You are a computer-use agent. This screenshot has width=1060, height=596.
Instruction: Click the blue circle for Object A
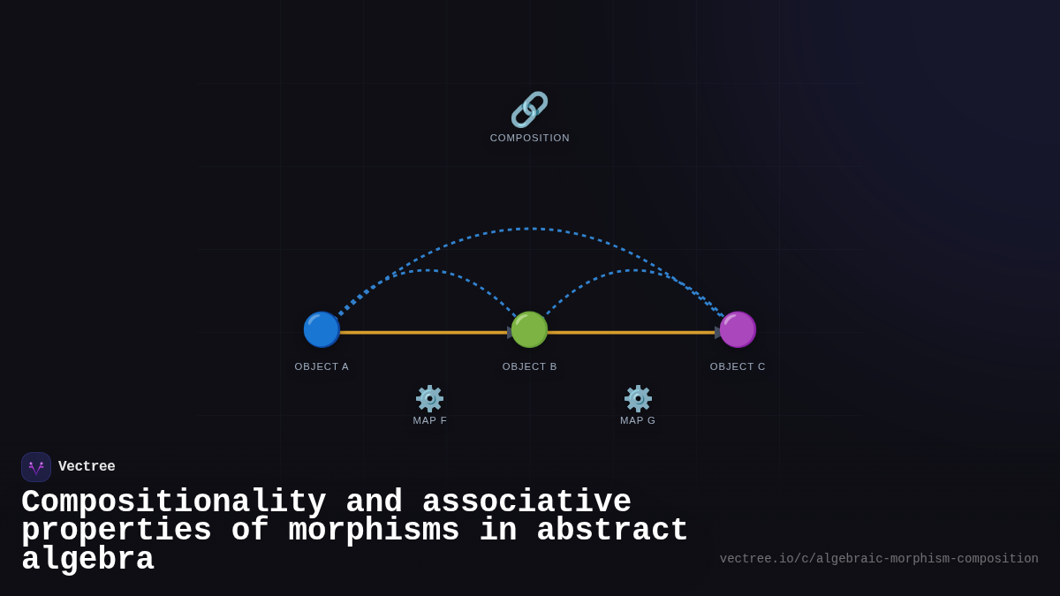(322, 329)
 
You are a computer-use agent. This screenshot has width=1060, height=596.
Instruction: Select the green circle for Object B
(529, 329)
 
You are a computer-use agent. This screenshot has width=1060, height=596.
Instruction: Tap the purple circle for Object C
(738, 329)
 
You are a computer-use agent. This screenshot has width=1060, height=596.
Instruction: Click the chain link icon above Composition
(529, 109)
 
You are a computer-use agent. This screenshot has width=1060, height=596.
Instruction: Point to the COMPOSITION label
(529, 138)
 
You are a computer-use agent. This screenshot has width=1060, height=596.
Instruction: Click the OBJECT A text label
(322, 366)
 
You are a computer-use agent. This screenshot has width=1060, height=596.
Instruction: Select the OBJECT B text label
(529, 366)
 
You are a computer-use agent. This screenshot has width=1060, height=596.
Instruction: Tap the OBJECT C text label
(738, 366)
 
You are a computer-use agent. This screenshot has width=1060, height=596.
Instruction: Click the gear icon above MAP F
(429, 398)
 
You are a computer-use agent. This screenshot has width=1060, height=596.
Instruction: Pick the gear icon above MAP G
(638, 398)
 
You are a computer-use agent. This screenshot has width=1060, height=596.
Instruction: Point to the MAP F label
(429, 420)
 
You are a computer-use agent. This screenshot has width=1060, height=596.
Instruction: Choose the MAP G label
(638, 420)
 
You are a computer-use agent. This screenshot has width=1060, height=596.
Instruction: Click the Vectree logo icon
(36, 467)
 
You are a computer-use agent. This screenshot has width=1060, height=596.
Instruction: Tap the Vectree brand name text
(87, 467)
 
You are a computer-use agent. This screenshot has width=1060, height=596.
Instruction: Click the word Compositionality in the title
(173, 502)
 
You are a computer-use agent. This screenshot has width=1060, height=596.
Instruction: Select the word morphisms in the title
(374, 531)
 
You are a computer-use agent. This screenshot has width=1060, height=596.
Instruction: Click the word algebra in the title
(87, 560)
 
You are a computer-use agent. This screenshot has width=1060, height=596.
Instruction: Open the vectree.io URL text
(878, 559)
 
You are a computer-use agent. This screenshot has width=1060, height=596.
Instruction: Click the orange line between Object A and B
(424, 333)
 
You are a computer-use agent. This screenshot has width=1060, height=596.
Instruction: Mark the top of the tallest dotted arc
(529, 229)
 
